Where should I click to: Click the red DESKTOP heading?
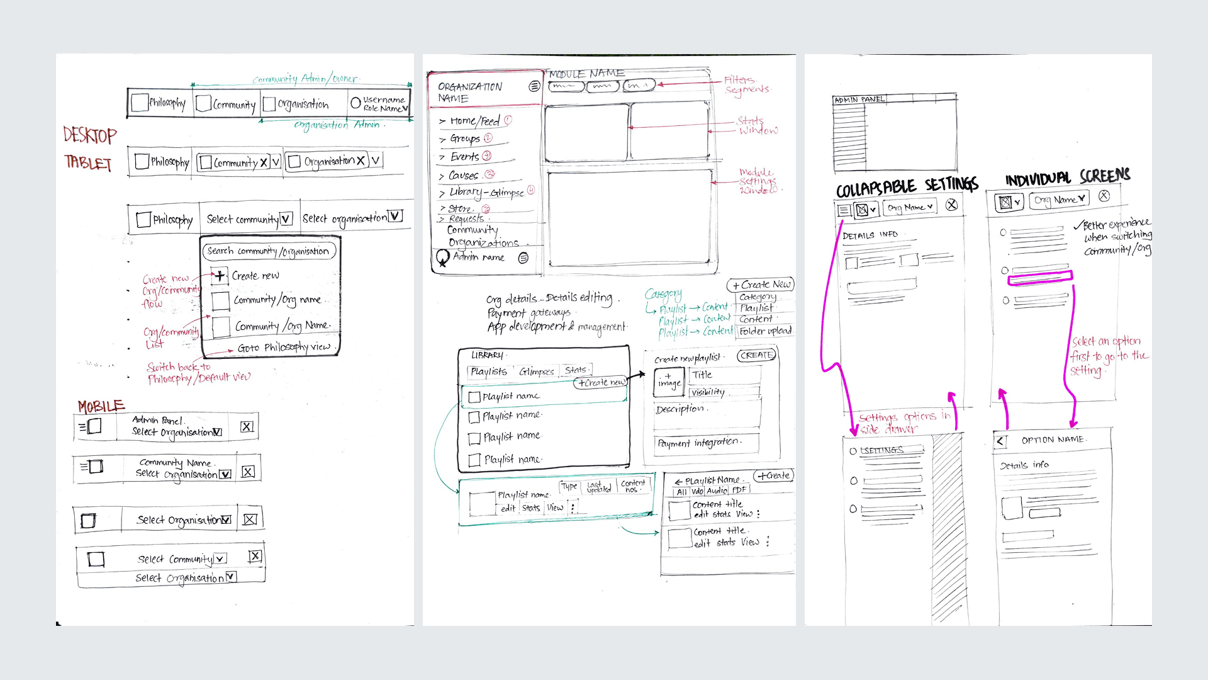click(x=90, y=135)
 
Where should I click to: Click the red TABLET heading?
click(x=87, y=163)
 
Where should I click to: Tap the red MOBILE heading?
click(x=101, y=406)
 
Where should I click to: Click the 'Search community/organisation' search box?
click(x=269, y=251)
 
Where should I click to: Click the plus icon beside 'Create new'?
click(x=219, y=275)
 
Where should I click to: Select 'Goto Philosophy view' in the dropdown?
click(x=284, y=347)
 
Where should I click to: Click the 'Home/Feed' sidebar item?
click(x=474, y=121)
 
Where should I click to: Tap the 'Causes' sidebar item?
click(x=463, y=176)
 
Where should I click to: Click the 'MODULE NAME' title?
click(x=586, y=74)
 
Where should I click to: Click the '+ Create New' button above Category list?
click(x=761, y=285)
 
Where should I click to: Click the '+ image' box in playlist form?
click(x=669, y=382)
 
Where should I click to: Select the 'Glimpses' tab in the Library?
click(x=536, y=371)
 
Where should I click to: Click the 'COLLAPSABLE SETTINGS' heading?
click(x=907, y=186)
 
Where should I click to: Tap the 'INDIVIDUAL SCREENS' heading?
click(x=1067, y=178)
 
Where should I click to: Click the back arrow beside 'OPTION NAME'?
click(x=1001, y=441)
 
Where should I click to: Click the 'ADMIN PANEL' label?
click(x=859, y=99)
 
